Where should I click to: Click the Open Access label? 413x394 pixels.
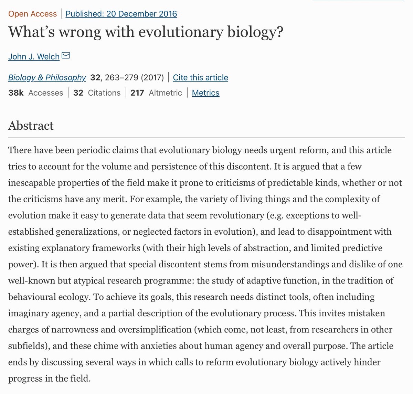click(x=32, y=14)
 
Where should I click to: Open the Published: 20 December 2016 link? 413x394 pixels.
click(x=121, y=14)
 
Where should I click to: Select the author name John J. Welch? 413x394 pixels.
click(x=34, y=57)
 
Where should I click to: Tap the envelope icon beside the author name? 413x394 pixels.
click(x=66, y=55)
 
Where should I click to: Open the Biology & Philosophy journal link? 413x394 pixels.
click(x=47, y=77)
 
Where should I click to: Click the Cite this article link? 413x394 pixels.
click(x=200, y=77)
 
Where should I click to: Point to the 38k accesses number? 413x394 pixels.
click(x=16, y=93)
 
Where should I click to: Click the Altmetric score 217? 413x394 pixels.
click(x=137, y=93)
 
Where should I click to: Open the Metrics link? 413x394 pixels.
click(x=205, y=93)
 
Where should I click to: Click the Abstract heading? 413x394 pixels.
click(x=31, y=126)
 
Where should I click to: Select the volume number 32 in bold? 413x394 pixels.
click(x=95, y=77)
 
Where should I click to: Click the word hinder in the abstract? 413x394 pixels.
click(x=368, y=362)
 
